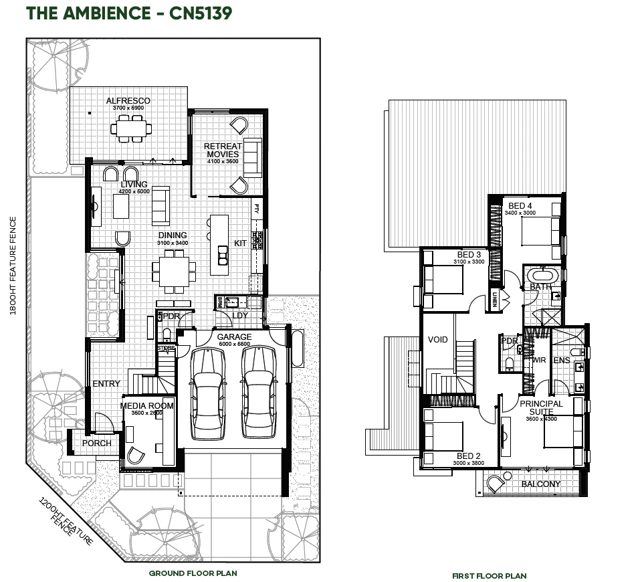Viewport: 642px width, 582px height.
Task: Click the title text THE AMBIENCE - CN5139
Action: (129, 13)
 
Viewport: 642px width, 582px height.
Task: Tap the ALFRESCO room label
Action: (128, 101)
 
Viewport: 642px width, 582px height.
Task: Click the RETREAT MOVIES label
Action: (222, 150)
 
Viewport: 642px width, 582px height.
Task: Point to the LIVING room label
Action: (134, 185)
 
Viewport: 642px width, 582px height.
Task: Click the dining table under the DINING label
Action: (173, 270)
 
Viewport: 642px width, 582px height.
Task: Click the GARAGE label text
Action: (234, 337)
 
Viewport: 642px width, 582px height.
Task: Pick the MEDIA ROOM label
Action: (146, 405)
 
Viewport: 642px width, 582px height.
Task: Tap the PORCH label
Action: (97, 444)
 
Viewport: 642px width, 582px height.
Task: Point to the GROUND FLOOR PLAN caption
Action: (193, 573)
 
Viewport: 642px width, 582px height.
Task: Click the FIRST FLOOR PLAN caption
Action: (489, 576)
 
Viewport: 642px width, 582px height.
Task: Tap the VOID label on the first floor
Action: (437, 340)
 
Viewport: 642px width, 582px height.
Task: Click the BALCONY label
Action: (540, 484)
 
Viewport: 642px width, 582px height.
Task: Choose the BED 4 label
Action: (521, 205)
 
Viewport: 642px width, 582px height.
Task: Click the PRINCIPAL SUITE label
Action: (541, 408)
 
